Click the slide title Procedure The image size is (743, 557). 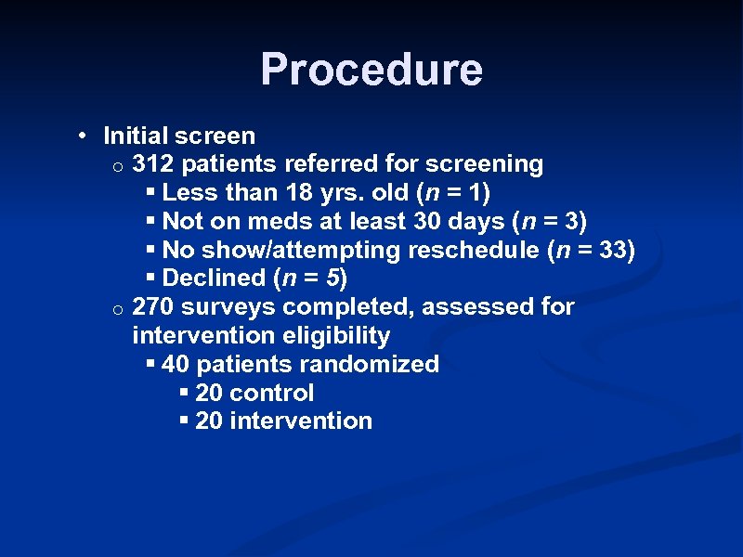[x=371, y=70]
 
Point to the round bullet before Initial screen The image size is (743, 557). [x=84, y=136]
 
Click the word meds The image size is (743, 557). [x=273, y=222]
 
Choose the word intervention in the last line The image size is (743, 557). [x=301, y=421]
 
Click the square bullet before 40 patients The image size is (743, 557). [x=151, y=364]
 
